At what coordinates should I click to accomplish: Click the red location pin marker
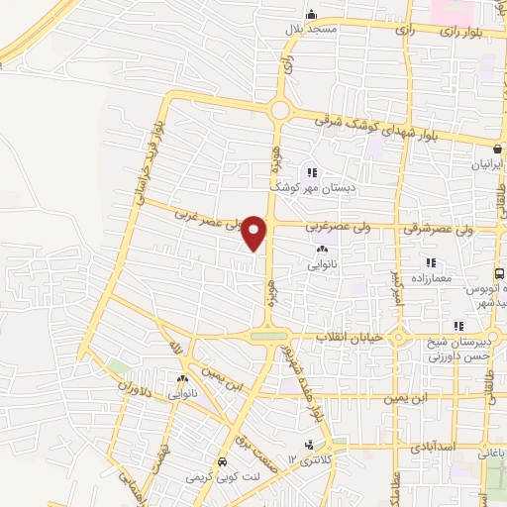[x=254, y=232]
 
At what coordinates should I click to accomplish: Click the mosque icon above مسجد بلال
[x=311, y=14]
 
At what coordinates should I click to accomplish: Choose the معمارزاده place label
[x=429, y=277]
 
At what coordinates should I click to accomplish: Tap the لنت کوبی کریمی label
[x=219, y=476]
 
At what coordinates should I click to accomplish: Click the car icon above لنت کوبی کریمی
[x=222, y=461]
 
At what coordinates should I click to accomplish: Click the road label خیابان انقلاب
[x=349, y=338]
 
